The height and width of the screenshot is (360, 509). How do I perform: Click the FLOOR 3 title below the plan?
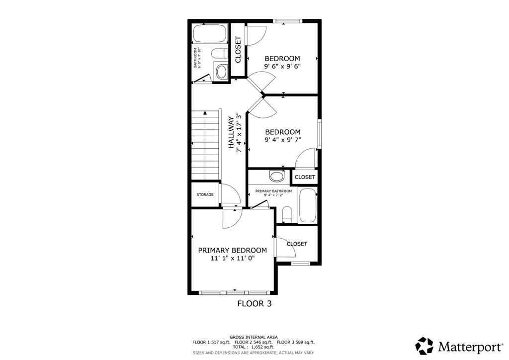click(254, 303)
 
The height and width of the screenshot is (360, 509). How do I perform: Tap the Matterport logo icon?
click(424, 345)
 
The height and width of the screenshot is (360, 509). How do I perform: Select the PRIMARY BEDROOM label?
click(232, 250)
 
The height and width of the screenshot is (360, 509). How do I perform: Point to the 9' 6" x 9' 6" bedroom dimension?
click(282, 66)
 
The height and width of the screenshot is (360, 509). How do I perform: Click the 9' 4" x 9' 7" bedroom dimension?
click(282, 140)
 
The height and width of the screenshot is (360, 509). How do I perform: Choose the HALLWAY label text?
click(231, 133)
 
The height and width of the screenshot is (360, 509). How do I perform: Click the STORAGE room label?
click(204, 194)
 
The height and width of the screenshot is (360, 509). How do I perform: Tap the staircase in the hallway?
click(205, 145)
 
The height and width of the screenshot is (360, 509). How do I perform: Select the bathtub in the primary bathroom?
click(307, 206)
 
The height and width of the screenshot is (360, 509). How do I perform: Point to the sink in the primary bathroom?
click(276, 176)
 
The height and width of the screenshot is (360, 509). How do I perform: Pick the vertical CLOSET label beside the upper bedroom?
click(238, 50)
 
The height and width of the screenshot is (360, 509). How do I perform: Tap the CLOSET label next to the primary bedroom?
click(297, 244)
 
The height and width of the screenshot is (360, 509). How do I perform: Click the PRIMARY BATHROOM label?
click(273, 191)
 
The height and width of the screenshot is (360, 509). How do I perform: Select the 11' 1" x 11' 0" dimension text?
click(232, 259)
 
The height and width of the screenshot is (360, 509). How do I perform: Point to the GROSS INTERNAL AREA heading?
click(254, 337)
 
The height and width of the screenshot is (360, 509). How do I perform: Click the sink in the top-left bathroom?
click(221, 72)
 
